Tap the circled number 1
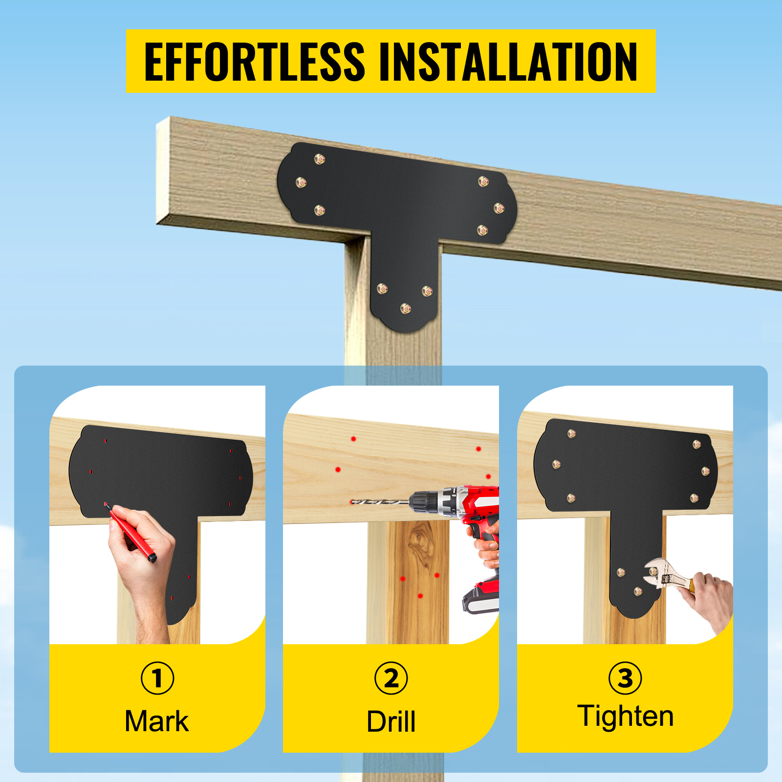(157, 678)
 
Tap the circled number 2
(391, 678)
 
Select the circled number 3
(625, 678)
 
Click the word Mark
(157, 721)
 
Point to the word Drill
(391, 721)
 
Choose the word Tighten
(626, 717)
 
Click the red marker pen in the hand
(130, 533)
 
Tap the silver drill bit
(380, 501)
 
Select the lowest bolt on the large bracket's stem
(405, 308)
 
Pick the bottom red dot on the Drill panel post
(420, 596)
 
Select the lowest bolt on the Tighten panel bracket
(638, 591)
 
